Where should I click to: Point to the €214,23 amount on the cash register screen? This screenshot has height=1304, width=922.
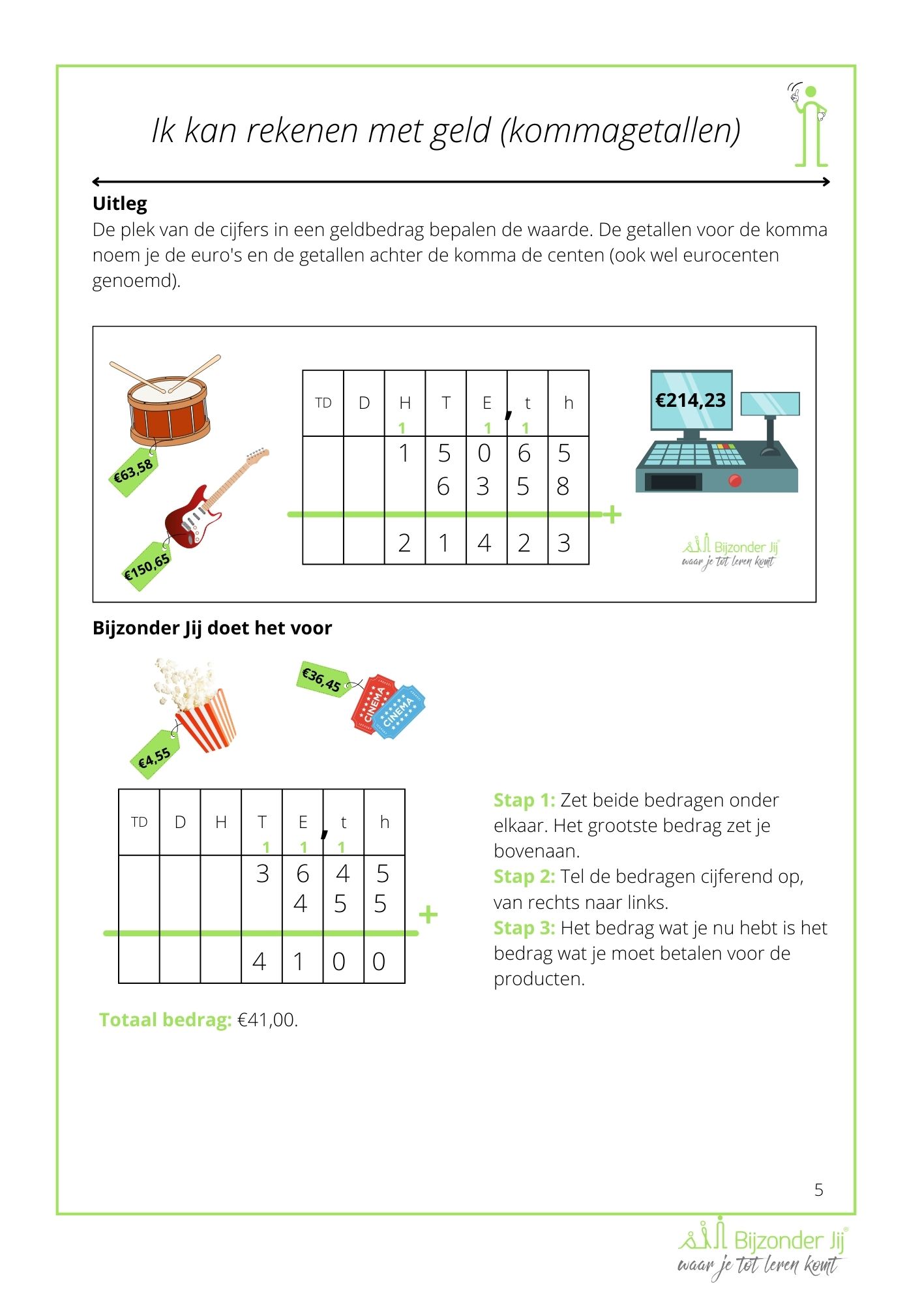[691, 400]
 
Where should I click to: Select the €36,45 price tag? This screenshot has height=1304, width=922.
[322, 679]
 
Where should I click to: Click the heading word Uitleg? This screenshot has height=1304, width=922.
[120, 203]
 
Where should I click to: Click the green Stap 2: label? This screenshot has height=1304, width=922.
[524, 876]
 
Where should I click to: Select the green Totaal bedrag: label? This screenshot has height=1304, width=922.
[165, 1020]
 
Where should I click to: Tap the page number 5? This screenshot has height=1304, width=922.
[819, 1190]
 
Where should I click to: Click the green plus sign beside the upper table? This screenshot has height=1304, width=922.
[612, 515]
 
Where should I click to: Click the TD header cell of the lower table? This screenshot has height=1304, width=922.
[139, 822]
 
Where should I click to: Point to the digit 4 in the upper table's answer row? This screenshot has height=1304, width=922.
[484, 543]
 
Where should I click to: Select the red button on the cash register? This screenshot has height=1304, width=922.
[735, 481]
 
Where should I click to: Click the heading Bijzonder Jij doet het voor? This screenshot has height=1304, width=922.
[212, 628]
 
